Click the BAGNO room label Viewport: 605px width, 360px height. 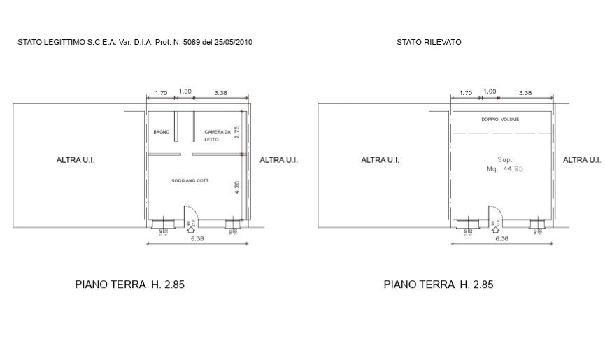click(x=162, y=132)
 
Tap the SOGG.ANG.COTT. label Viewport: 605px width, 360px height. click(x=191, y=181)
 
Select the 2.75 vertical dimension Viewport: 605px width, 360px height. click(x=238, y=132)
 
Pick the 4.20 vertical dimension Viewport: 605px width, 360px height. click(x=238, y=188)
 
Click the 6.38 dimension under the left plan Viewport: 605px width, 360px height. click(x=197, y=239)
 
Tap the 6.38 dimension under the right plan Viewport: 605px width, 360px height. click(x=501, y=239)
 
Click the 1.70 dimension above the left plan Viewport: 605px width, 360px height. click(x=160, y=92)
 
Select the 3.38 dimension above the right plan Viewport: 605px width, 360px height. click(x=525, y=92)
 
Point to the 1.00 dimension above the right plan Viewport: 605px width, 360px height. click(x=490, y=92)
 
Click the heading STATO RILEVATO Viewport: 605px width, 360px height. click(x=429, y=42)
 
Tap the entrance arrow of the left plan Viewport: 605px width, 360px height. click(x=191, y=226)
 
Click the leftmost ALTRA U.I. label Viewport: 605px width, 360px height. click(x=76, y=160)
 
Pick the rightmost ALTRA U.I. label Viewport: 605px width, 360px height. click(x=582, y=160)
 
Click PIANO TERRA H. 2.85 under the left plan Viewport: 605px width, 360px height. click(x=129, y=285)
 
